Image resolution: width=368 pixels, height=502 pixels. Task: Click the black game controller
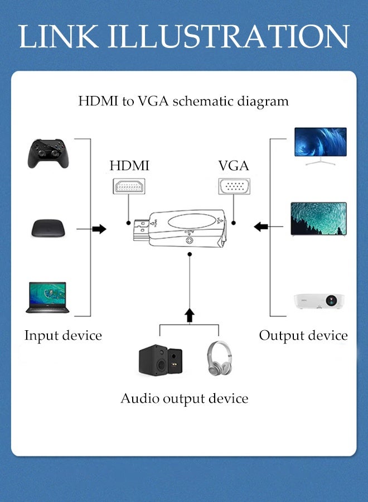click(49, 153)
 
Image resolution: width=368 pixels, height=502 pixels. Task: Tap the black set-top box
click(49, 228)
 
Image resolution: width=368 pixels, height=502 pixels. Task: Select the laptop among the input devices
click(47, 297)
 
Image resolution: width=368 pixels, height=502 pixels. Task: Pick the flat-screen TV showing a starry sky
click(318, 219)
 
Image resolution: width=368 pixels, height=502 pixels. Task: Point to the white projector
click(319, 301)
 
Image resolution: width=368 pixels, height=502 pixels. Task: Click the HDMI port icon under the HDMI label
click(129, 186)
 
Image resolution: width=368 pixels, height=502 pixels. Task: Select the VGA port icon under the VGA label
click(234, 186)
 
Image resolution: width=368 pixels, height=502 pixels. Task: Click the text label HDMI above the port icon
click(129, 166)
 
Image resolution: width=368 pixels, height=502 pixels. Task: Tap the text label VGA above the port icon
click(234, 166)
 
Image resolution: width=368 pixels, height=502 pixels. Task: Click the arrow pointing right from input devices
click(99, 229)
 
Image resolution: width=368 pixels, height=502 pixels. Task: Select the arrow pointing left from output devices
click(260, 226)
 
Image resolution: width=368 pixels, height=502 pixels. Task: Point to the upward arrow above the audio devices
click(190, 315)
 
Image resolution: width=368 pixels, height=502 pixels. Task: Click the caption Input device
click(63, 335)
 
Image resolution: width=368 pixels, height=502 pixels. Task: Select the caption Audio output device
click(185, 398)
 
